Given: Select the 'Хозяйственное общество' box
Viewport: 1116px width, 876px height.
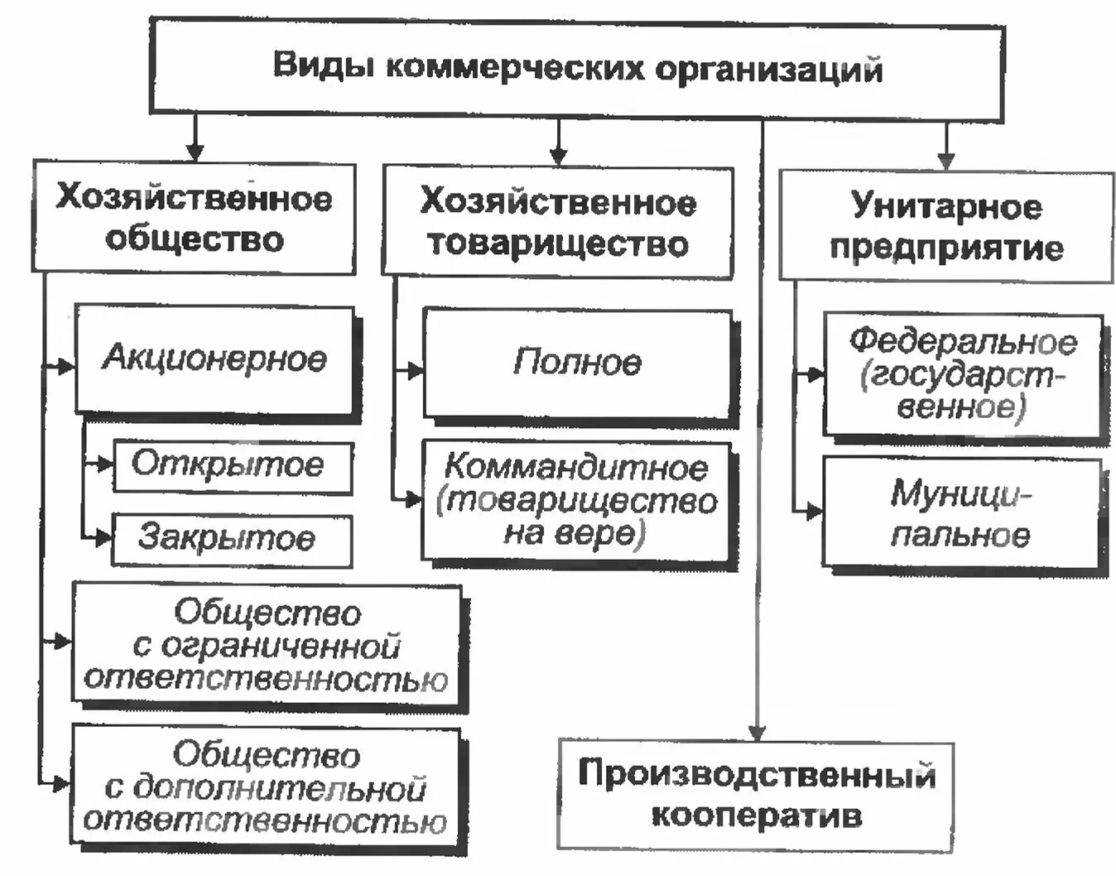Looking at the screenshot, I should click(195, 219).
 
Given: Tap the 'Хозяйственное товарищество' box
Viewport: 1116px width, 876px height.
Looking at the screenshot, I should click(558, 222).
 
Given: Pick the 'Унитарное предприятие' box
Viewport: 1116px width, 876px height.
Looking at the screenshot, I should click(946, 225).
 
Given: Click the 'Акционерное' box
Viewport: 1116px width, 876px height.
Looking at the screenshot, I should click(214, 359).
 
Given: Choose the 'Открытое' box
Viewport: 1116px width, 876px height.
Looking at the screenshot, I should click(233, 467).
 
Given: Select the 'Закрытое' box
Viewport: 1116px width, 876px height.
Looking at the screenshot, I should click(233, 540).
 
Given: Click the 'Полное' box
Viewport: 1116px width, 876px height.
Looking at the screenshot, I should click(577, 363).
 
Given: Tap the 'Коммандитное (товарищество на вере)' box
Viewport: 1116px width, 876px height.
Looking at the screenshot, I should click(577, 502).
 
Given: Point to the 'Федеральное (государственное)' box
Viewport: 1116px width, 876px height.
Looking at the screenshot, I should click(963, 374).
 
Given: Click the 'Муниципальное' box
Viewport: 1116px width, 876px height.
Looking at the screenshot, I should click(962, 513).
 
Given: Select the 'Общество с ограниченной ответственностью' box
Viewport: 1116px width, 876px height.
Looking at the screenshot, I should click(267, 645).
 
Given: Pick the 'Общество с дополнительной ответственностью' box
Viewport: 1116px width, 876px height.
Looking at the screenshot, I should click(267, 787).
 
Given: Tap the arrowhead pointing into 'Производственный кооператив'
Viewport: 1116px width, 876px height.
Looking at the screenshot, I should click(758, 732).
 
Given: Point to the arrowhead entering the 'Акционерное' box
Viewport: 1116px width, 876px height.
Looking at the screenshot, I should click(66, 366).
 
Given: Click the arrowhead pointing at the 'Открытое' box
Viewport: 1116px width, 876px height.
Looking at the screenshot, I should click(104, 464).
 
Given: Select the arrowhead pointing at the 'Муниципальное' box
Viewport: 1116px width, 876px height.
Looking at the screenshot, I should click(815, 511).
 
